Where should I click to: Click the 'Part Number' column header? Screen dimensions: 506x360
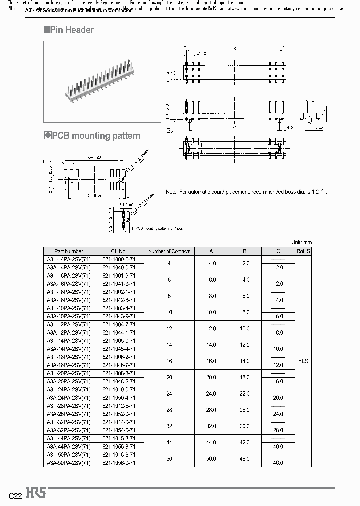69,251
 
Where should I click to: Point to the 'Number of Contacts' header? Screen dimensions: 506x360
169,251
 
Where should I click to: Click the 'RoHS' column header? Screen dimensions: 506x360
303,251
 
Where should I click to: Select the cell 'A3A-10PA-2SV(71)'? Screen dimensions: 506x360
69,316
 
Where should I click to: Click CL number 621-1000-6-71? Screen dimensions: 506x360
119,259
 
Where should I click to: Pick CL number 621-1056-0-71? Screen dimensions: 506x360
119,463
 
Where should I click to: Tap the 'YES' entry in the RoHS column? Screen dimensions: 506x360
303,361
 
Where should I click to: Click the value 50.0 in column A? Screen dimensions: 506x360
212,459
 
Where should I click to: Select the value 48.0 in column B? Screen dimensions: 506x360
245,459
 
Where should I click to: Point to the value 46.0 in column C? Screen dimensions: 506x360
279,463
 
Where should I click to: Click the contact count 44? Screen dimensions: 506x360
169,443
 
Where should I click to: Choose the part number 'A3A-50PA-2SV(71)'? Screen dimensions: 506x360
69,463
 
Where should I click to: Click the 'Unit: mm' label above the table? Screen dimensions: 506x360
301,242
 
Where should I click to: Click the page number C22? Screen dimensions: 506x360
15,496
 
